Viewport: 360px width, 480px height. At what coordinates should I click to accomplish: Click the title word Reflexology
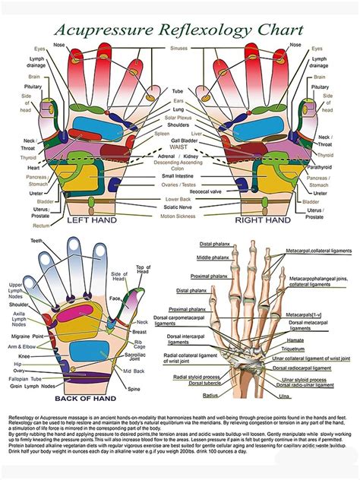tap(201, 30)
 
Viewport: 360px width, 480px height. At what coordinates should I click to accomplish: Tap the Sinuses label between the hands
tap(179, 48)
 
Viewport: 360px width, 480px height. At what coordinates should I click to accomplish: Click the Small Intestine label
tap(179, 176)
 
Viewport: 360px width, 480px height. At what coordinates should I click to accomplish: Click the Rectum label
tap(42, 225)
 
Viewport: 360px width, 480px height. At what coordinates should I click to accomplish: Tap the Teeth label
tap(36, 241)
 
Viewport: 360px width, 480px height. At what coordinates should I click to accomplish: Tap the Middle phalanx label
tap(185, 257)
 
